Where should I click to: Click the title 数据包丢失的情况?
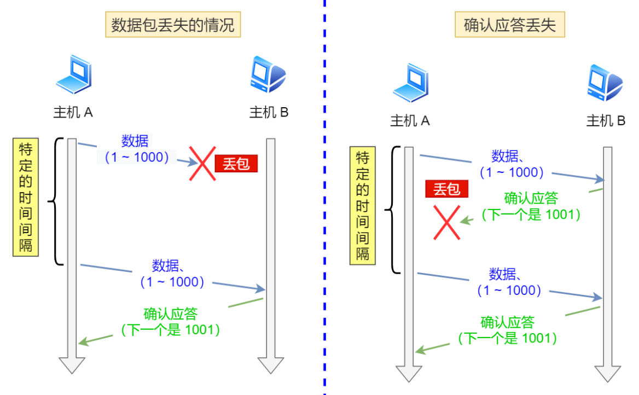(x=173, y=25)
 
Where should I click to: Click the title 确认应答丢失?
(x=509, y=25)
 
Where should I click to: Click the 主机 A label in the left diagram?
(x=73, y=113)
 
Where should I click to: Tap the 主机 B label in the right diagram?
(x=606, y=121)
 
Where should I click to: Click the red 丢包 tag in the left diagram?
(x=236, y=164)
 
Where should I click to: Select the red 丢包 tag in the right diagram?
(x=447, y=189)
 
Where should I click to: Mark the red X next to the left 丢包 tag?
(x=202, y=162)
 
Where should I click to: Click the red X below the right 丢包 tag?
(x=446, y=222)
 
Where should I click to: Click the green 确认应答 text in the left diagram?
(x=170, y=315)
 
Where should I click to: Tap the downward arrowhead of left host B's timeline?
(x=271, y=365)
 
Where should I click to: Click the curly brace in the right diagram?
(x=390, y=210)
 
